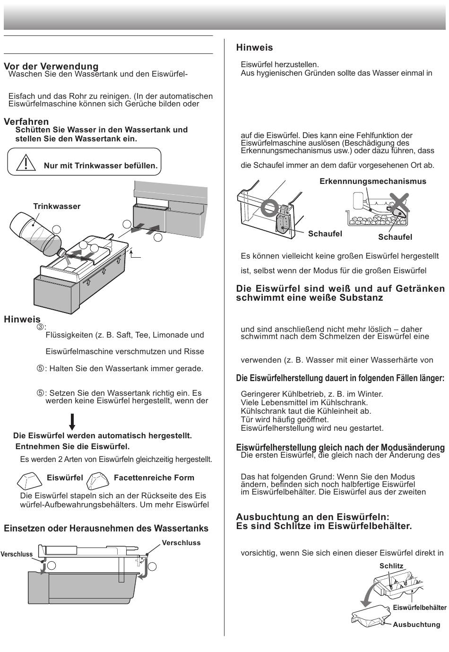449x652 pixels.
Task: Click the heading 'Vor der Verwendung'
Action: tap(51, 66)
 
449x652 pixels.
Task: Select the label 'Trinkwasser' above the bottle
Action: tap(57, 206)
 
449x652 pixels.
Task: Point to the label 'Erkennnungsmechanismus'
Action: tap(372, 181)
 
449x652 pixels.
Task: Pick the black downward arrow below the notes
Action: tap(72, 421)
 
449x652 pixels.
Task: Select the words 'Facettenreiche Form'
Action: tap(154, 478)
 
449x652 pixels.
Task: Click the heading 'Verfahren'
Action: tap(26, 122)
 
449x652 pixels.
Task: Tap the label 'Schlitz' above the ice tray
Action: tap(391, 566)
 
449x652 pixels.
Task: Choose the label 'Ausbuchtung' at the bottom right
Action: tap(416, 625)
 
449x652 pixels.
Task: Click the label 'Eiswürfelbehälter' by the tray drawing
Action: tap(419, 608)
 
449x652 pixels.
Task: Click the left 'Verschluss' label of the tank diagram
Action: tap(17, 554)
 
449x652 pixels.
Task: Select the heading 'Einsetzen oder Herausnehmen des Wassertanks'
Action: tap(106, 528)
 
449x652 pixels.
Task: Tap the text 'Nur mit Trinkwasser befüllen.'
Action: tap(101, 166)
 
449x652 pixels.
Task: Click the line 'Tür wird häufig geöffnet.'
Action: tap(285, 419)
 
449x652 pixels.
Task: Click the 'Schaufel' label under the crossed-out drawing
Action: tap(395, 237)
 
